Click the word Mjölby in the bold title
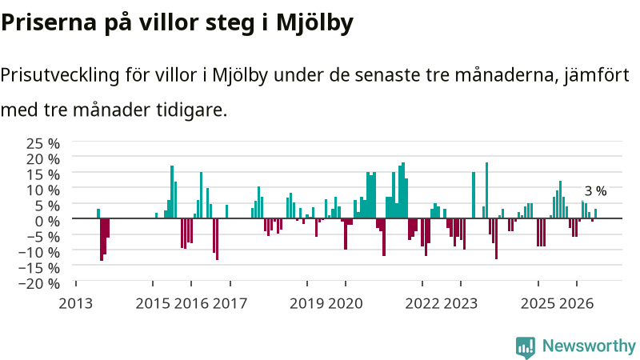pos(314,23)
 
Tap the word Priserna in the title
pos(49,23)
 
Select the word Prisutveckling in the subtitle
pos(60,75)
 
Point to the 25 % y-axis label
pos(43,144)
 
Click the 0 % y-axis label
pos(47,222)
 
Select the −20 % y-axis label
pos(39,283)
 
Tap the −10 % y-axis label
pos(39,252)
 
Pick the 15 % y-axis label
pos(43,174)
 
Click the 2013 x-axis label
pos(76,304)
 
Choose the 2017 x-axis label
pos(230,304)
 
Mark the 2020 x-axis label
pos(346,304)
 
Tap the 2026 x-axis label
pos(576,304)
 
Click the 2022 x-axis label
pos(422,304)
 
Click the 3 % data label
pos(595,191)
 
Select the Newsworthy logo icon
pos(526,348)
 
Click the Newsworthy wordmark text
pos(589,346)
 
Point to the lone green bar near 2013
pos(98,214)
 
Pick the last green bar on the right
pos(595,214)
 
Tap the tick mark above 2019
pos(307,283)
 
